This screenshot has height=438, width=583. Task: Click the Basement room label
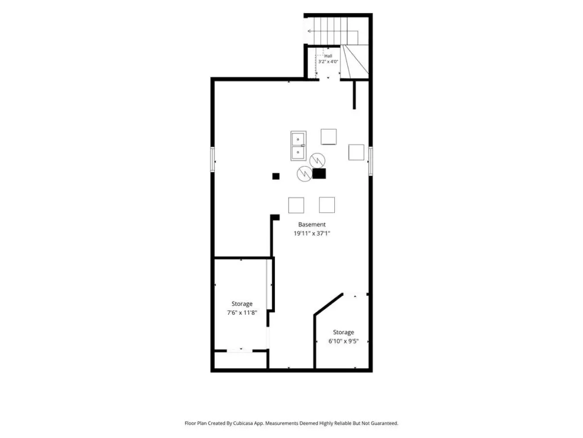click(x=311, y=225)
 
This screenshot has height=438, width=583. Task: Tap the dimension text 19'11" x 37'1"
click(x=312, y=233)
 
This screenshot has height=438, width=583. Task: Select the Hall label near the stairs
click(x=329, y=56)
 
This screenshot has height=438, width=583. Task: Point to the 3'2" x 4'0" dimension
click(x=328, y=62)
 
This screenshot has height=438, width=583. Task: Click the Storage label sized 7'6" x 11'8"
click(x=242, y=304)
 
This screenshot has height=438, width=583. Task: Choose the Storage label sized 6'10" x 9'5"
click(x=343, y=332)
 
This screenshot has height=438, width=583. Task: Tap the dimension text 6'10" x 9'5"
click(x=343, y=341)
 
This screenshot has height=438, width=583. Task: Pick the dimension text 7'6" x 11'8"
click(x=242, y=313)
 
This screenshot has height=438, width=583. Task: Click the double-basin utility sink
click(x=298, y=145)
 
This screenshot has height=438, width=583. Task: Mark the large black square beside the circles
click(x=319, y=173)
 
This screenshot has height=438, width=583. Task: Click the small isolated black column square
click(x=276, y=176)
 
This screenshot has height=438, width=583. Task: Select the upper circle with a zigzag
click(x=317, y=160)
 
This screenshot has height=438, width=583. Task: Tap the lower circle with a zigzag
click(x=305, y=173)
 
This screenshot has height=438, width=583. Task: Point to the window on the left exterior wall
click(x=213, y=160)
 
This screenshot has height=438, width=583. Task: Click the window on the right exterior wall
click(x=370, y=160)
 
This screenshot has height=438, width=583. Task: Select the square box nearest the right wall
click(x=356, y=152)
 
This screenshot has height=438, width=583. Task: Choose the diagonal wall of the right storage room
click(x=329, y=305)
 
